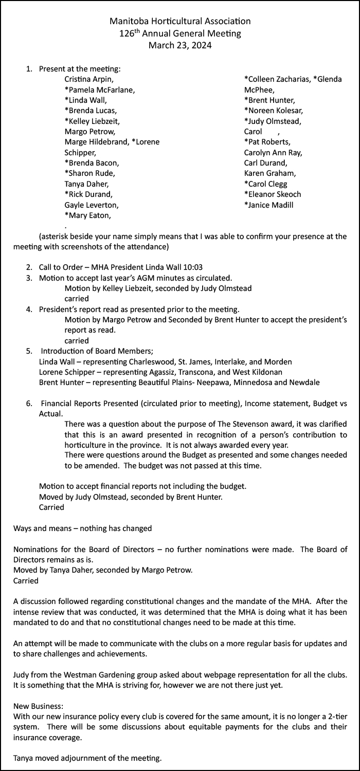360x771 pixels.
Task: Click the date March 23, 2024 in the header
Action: coord(180,45)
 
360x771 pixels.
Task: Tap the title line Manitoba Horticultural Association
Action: coord(180,22)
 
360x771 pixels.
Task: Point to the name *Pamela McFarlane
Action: coord(99,90)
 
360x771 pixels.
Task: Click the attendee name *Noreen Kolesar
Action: coord(273,111)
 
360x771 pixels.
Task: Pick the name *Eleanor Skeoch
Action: coord(273,194)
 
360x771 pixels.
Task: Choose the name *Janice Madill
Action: coord(269,205)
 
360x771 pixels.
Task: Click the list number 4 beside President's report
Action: coord(29,309)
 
